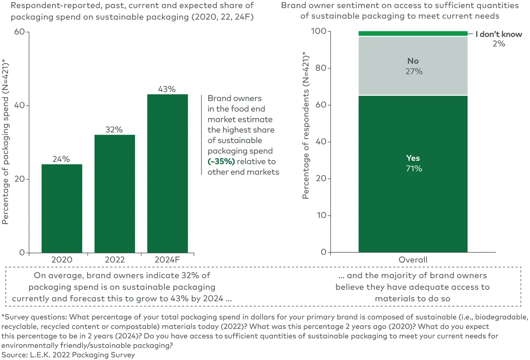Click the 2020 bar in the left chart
62,208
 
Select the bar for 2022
115,194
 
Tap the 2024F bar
168,173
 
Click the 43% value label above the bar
168,89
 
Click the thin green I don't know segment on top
413,33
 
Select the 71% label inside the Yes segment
413,168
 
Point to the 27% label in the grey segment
413,71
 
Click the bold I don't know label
498,34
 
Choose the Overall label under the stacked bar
413,260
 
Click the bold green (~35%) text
221,161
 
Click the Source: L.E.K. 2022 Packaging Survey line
68,354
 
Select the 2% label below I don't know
498,44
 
